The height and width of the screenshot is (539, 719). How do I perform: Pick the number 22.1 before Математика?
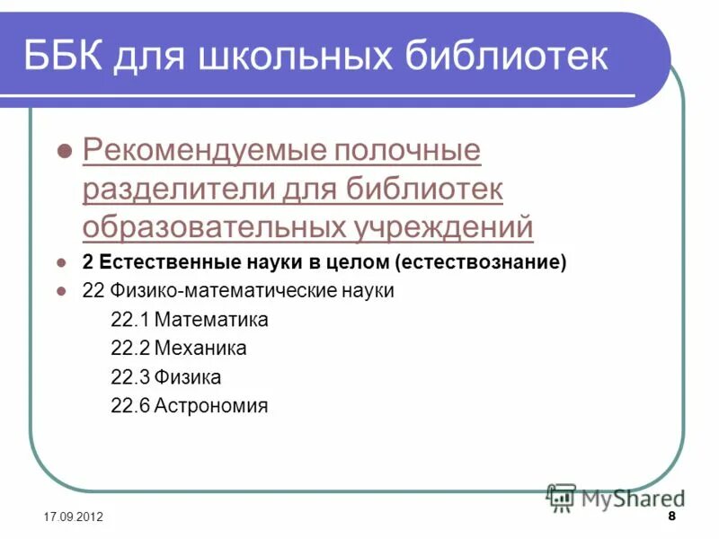129,320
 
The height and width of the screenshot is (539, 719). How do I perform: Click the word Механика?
200,349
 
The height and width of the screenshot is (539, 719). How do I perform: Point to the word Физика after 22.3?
187,377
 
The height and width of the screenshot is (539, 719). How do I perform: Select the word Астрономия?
211,406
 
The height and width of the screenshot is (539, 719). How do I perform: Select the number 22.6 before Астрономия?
129,406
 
